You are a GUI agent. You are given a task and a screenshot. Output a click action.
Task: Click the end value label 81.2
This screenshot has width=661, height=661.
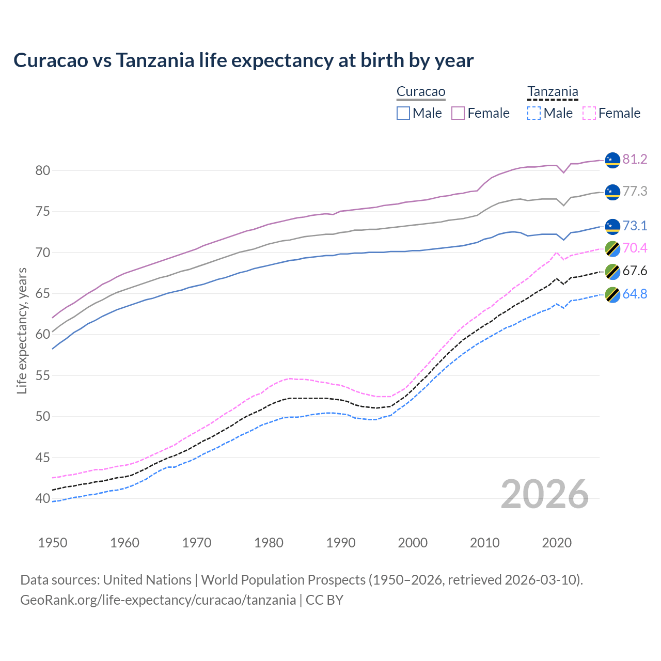pos(635,159)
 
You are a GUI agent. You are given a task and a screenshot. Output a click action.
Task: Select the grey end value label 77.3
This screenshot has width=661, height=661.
pos(635,191)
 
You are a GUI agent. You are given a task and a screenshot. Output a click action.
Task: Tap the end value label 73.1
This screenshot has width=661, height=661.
pos(635,226)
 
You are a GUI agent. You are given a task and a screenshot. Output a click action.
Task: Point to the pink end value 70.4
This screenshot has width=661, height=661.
pos(635,248)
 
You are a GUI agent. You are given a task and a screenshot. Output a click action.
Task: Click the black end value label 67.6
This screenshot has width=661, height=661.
pos(635,271)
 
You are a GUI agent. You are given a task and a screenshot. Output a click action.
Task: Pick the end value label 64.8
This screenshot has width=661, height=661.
pos(635,294)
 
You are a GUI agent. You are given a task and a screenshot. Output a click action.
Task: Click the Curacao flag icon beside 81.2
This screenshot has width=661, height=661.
pos(612,160)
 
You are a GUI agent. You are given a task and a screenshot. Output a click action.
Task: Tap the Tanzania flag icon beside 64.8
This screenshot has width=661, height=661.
pos(612,294)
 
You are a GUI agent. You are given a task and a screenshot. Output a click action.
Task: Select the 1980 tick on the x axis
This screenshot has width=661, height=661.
pos(269,543)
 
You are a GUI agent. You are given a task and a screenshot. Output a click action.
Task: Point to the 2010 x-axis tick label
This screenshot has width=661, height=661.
pos(484,543)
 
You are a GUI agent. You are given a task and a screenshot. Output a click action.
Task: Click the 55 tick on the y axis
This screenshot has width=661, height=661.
pos(43,375)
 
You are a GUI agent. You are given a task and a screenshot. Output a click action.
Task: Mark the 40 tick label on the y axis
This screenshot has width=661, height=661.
pos(43,498)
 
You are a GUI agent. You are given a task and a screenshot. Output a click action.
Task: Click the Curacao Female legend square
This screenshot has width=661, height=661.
pos(458,113)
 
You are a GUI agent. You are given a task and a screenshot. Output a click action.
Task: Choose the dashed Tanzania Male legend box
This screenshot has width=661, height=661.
pos(534,113)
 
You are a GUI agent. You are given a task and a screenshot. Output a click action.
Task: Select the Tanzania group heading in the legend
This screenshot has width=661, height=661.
pos(553,92)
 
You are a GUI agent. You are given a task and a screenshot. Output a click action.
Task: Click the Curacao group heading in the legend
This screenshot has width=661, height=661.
pos(421,92)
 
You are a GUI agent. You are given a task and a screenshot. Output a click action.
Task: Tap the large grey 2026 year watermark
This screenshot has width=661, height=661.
pos(545,494)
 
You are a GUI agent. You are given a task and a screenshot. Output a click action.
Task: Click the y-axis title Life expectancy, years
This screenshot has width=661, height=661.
pos(22,330)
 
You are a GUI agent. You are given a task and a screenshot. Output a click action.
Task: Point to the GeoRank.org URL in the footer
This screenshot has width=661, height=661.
pos(158,600)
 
